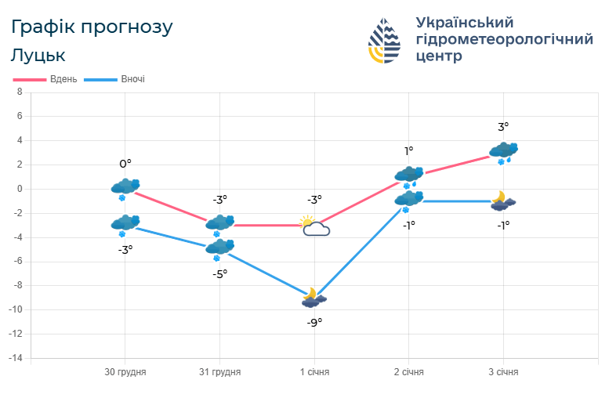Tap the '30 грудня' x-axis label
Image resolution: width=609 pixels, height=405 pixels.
pyautogui.click(x=125, y=372)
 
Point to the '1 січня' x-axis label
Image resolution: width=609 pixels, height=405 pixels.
pyautogui.click(x=314, y=372)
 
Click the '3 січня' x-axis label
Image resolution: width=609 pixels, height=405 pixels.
pyautogui.click(x=503, y=372)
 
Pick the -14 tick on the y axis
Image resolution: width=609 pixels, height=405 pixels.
pyautogui.click(x=15, y=358)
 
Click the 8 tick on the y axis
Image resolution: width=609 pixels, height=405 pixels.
pyautogui.click(x=20, y=92)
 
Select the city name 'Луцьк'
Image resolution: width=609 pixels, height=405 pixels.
pyautogui.click(x=38, y=55)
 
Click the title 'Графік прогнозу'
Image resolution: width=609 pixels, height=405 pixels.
pyautogui.click(x=92, y=27)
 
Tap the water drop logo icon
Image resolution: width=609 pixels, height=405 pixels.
pyautogui.click(x=385, y=41)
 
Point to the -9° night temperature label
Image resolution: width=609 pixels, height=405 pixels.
pyautogui.click(x=314, y=321)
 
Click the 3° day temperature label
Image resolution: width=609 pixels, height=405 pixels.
pyautogui.click(x=503, y=126)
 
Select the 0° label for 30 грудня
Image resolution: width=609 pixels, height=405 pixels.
pyautogui.click(x=125, y=164)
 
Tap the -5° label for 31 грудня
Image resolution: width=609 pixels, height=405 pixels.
pyautogui.click(x=219, y=273)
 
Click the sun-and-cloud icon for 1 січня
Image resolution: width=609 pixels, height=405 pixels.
pyautogui.click(x=314, y=226)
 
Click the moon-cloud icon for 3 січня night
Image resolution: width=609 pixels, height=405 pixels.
pyautogui.click(x=502, y=201)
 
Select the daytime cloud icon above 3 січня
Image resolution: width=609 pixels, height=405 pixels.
pyautogui.click(x=503, y=151)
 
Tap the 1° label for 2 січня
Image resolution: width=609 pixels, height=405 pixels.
pyautogui.click(x=408, y=151)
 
